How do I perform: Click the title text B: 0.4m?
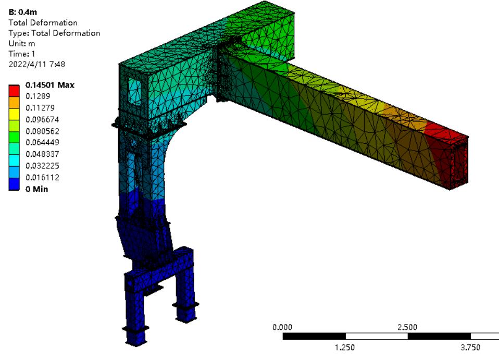pyautogui.click(x=23, y=12)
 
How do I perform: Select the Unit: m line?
pyautogui.click(x=22, y=43)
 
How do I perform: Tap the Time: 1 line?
pyautogui.click(x=22, y=54)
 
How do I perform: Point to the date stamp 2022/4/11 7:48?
pyautogui.click(x=36, y=64)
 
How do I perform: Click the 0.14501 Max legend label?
pyautogui.click(x=50, y=85)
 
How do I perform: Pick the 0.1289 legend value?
pyautogui.click(x=38, y=96)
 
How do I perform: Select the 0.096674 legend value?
pyautogui.click(x=42, y=120)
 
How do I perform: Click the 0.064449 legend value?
pyautogui.click(x=42, y=142)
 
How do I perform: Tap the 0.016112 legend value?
pyautogui.click(x=42, y=177)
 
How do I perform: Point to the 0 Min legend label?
pyautogui.click(x=37, y=189)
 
